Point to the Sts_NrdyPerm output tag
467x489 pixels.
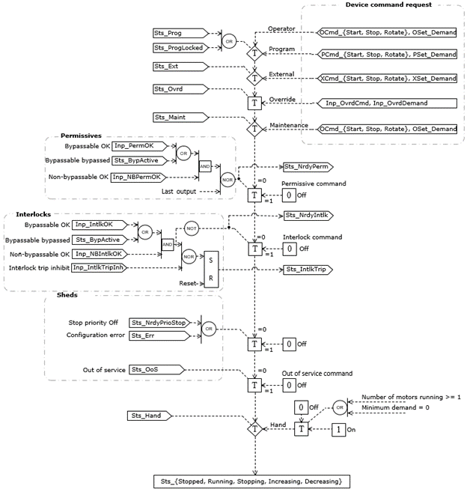[306, 167]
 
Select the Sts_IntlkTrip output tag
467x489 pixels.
[307, 268]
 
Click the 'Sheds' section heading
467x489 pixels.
[68, 296]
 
